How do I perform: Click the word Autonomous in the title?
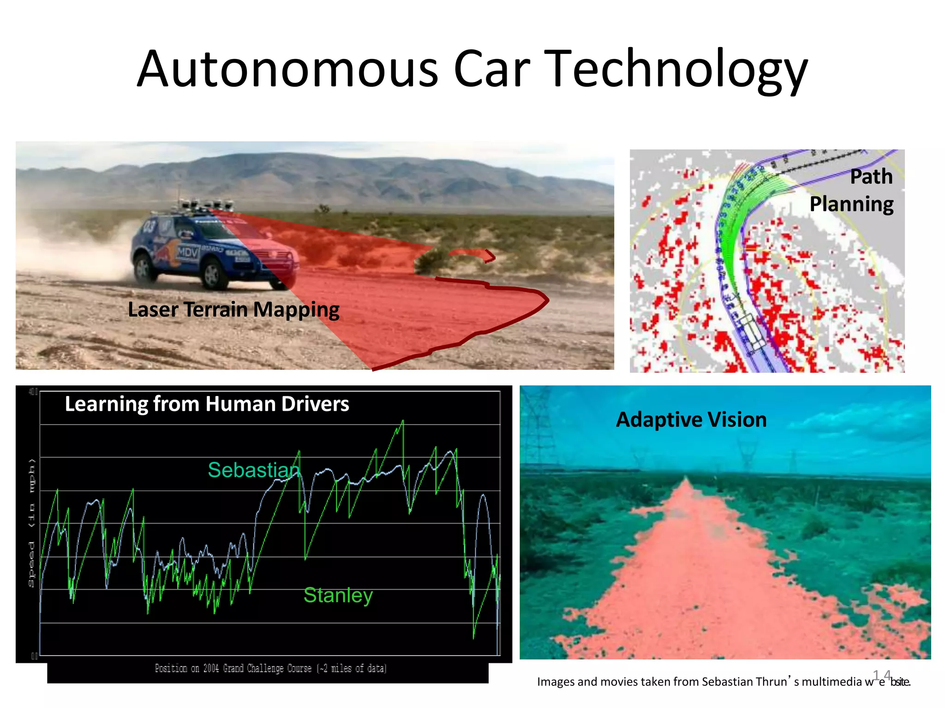coord(287,69)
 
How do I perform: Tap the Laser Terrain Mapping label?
coord(233,309)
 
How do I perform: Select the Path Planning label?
coord(852,190)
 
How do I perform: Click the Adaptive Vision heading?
coord(691,419)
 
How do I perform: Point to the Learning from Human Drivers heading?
coord(207,404)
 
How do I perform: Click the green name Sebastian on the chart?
coord(254,470)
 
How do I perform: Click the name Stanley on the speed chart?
coord(338,595)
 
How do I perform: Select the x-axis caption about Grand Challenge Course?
coord(270,668)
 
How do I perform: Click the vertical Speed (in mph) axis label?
coord(31,523)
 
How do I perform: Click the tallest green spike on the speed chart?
coord(403,422)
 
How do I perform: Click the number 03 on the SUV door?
coord(150,226)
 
